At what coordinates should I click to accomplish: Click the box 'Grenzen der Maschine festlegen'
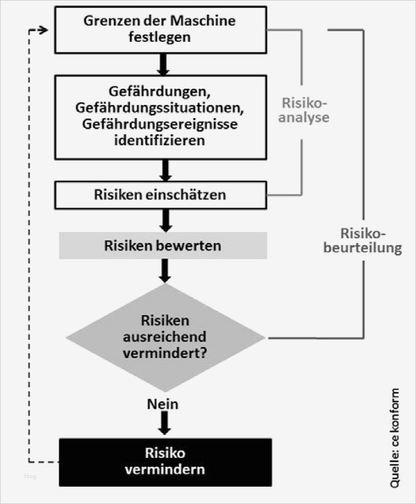tap(161, 29)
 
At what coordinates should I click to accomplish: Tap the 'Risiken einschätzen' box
tap(160, 195)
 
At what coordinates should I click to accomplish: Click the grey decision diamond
tap(165, 337)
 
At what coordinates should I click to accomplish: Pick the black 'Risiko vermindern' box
tap(165, 462)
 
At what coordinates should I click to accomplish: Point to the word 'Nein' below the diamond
tap(163, 404)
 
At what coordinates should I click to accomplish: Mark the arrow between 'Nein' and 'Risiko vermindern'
tap(164, 423)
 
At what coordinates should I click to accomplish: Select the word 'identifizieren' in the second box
tap(160, 140)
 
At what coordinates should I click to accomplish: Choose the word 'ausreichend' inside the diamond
tap(165, 337)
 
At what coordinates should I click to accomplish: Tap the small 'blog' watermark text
tap(31, 476)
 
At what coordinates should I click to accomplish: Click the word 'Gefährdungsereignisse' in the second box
tap(160, 124)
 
